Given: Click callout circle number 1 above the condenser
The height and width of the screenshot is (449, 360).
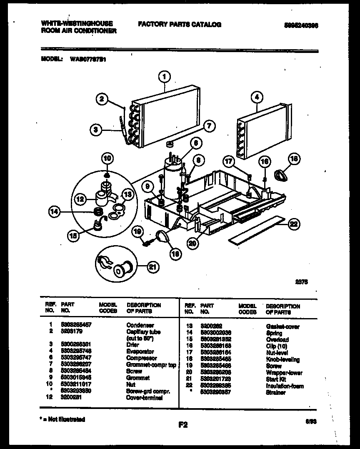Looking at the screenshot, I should pyautogui.click(x=165, y=76).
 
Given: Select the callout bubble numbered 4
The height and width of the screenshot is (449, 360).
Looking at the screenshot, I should pyautogui.click(x=257, y=98).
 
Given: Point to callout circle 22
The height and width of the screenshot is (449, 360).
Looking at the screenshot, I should pyautogui.click(x=294, y=224).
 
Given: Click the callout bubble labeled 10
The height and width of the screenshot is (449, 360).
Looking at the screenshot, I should pyautogui.click(x=107, y=158).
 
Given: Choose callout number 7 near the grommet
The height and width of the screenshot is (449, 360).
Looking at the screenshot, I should pyautogui.click(x=209, y=125).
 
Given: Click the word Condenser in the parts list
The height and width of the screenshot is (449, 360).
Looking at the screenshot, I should pyautogui.click(x=140, y=325).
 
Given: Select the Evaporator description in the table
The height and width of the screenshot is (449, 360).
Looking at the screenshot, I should pyautogui.click(x=140, y=351).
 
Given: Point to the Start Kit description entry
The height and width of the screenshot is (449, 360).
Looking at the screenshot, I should pyautogui.click(x=275, y=379).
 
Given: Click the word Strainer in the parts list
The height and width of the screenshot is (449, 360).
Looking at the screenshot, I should pyautogui.click(x=275, y=393).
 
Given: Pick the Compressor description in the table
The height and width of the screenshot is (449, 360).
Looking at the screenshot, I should pyautogui.click(x=142, y=358).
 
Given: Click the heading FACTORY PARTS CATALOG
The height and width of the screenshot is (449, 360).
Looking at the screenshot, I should pyautogui.click(x=180, y=25).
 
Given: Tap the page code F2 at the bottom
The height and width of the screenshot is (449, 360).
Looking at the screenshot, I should pyautogui.click(x=183, y=425).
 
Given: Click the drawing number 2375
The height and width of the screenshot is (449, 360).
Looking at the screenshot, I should pyautogui.click(x=301, y=282).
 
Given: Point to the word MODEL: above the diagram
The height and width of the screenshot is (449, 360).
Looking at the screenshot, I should pyautogui.click(x=52, y=59).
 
